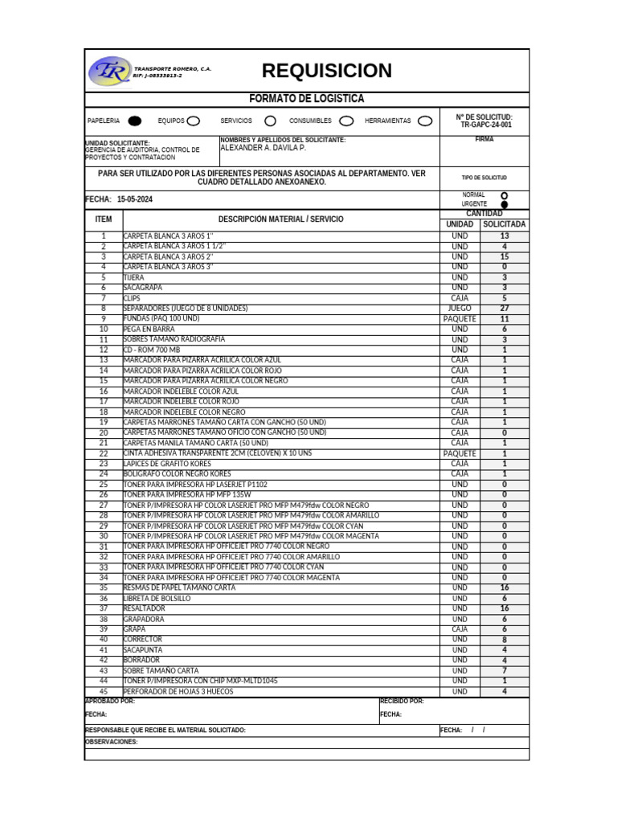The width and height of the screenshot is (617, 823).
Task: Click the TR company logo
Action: pyautogui.click(x=109, y=72)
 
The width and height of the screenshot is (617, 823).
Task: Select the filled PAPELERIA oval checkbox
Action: pyautogui.click(x=135, y=121)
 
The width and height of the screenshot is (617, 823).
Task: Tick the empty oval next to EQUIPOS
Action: pyautogui.click(x=194, y=121)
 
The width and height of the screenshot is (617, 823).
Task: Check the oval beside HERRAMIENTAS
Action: pyautogui.click(x=425, y=121)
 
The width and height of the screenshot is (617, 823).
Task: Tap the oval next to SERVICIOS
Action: pyautogui.click(x=270, y=121)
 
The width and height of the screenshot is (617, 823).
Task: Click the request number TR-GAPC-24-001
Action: pyautogui.click(x=485, y=125)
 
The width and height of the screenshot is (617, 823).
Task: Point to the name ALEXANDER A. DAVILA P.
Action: pyautogui.click(x=263, y=149)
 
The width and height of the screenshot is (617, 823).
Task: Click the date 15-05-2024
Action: pyautogui.click(x=134, y=199)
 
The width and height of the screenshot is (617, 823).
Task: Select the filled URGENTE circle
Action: pyautogui.click(x=504, y=205)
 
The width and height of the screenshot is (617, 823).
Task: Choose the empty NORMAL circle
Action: pyautogui.click(x=504, y=195)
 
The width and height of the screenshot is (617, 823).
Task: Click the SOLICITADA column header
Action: pyautogui.click(x=504, y=225)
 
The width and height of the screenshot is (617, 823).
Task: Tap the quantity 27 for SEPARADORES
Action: pyautogui.click(x=504, y=309)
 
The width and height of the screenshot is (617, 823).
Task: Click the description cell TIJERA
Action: pyautogui.click(x=133, y=277)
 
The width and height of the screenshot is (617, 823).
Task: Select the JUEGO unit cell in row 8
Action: pyautogui.click(x=460, y=309)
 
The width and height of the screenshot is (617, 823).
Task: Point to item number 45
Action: pyautogui.click(x=103, y=691)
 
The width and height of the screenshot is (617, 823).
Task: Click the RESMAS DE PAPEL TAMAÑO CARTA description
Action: pyautogui.click(x=179, y=588)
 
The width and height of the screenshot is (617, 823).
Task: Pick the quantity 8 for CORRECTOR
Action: pyautogui.click(x=504, y=640)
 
